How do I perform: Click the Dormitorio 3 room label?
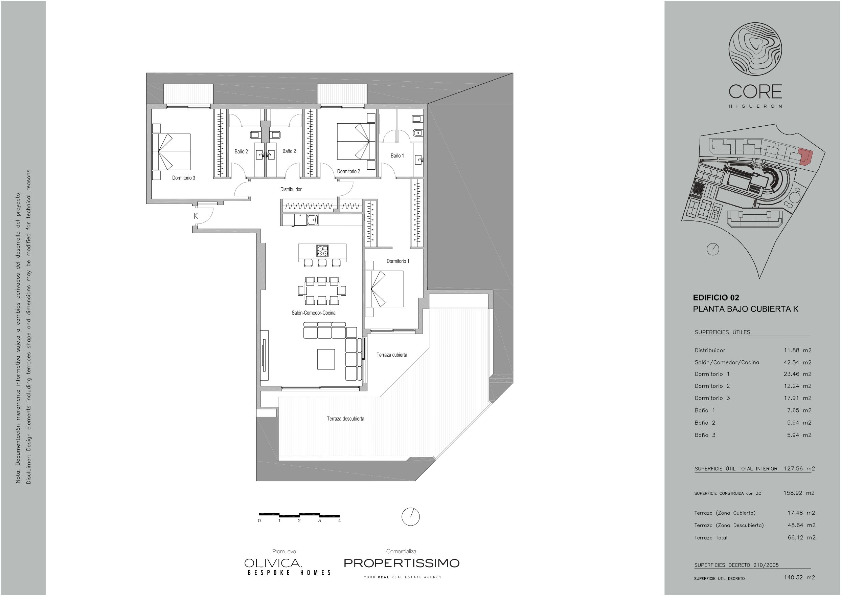point(184,178)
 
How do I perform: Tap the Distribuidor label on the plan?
point(291,189)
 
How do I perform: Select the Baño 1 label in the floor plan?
point(397,156)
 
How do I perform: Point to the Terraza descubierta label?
point(345,419)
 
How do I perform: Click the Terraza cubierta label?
point(391,355)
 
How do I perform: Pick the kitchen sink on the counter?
point(312,220)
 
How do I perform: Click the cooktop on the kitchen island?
point(322,251)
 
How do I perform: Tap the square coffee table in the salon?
point(326,359)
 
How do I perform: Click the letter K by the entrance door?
point(196,216)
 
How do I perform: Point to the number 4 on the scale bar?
point(340,520)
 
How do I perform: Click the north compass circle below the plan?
point(411,517)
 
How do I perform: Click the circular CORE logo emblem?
point(755,49)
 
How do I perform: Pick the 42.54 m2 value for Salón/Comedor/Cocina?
point(798,362)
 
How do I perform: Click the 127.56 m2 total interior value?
point(799,469)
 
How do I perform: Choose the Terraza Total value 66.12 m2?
point(802,538)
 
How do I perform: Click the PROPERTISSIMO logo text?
point(402,563)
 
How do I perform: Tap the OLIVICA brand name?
point(273,562)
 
